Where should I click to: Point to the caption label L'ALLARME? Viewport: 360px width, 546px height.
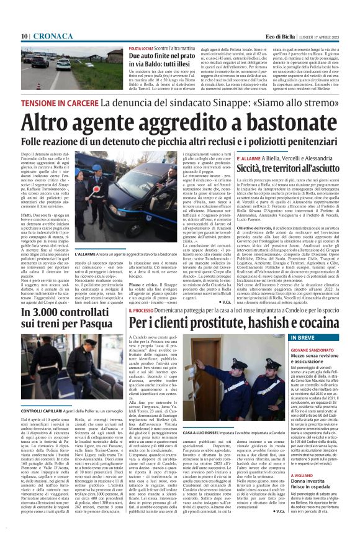click(x=86, y=253)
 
